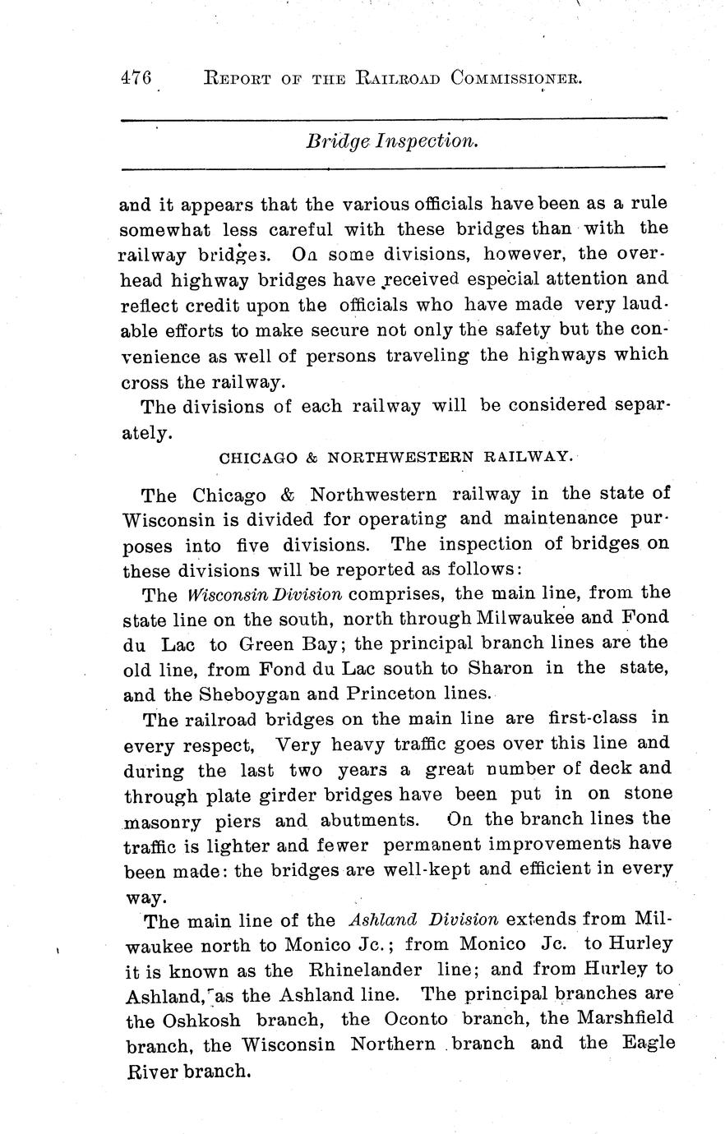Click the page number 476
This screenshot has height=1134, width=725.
point(136,78)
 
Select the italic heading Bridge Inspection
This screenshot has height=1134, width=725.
point(392,141)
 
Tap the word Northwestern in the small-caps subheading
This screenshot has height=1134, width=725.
point(399,457)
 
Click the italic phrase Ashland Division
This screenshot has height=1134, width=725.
point(423,919)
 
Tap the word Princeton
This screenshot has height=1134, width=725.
point(385,694)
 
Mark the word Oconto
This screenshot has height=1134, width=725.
point(416,1019)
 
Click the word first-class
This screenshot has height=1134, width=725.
point(592,717)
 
